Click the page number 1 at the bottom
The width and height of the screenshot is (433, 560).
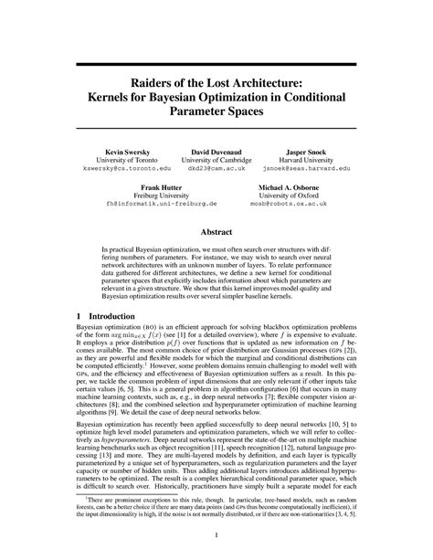216,536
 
